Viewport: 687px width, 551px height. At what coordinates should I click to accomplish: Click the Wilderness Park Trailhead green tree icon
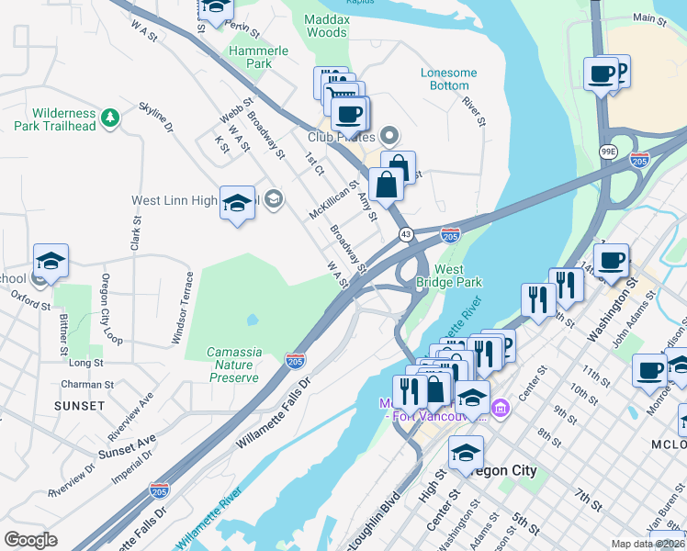110,117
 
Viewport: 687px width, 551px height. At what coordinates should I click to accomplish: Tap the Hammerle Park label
252,58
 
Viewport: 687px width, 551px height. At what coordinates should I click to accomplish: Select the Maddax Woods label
326,25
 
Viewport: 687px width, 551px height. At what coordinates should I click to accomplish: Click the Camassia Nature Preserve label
234,365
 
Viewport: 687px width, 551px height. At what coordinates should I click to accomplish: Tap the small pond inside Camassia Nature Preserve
252,320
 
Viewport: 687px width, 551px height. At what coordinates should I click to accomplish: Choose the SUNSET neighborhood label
79,405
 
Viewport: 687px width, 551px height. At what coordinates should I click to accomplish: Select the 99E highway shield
608,151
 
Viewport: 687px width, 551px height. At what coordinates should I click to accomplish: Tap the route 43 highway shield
405,235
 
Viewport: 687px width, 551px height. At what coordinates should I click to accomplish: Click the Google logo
31,539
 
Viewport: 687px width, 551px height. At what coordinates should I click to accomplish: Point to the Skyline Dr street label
155,118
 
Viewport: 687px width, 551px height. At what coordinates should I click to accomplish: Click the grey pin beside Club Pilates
389,137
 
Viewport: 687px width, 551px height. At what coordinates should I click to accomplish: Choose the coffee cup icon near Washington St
611,260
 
